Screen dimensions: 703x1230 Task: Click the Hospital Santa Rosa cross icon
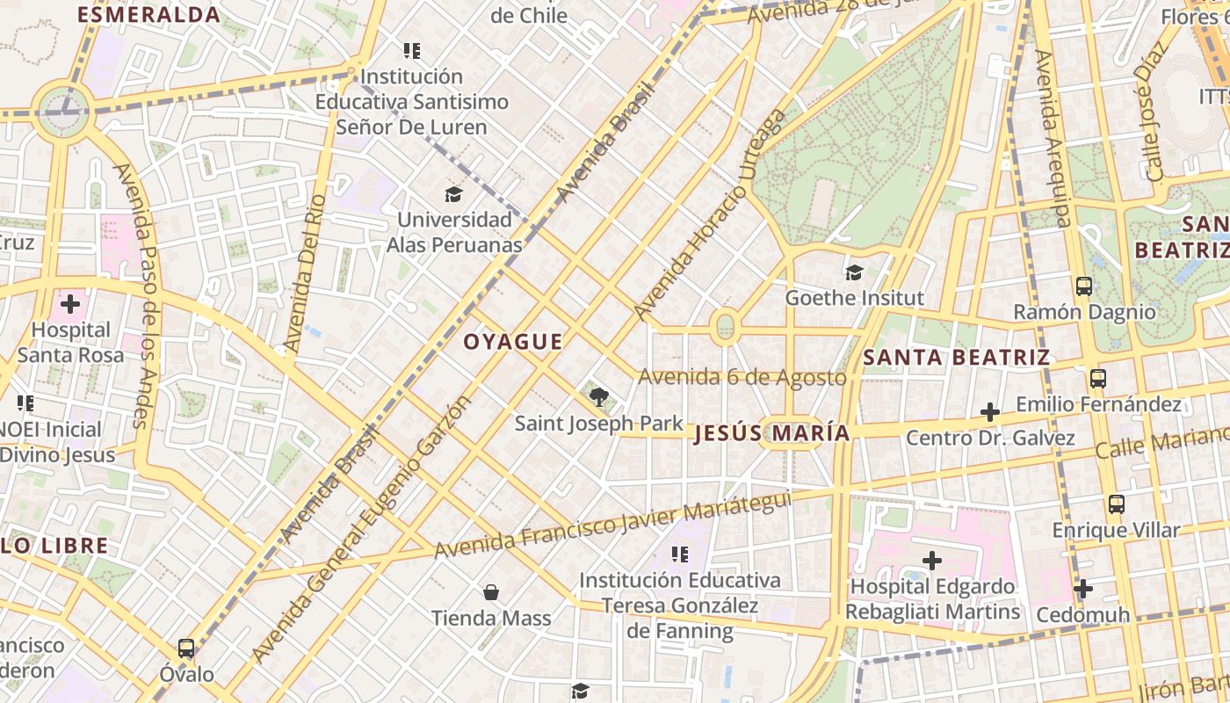(70, 305)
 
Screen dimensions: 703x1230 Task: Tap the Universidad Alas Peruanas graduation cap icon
(453, 194)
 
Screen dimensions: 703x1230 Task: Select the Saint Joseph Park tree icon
(599, 397)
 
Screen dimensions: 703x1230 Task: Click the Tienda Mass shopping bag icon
(491, 592)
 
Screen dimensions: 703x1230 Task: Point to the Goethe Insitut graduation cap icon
(854, 272)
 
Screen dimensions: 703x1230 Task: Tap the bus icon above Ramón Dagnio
(1084, 286)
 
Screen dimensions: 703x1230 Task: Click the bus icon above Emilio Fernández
(1097, 379)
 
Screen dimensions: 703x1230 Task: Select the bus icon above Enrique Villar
(1116, 504)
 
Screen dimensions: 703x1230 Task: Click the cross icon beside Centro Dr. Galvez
(990, 411)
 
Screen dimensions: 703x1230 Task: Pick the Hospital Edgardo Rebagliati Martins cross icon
(932, 560)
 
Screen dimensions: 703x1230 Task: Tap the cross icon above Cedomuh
(1083, 588)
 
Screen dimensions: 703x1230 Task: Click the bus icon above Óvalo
(186, 649)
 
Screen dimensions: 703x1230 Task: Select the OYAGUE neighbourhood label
(513, 343)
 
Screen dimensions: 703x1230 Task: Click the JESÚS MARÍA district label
(772, 433)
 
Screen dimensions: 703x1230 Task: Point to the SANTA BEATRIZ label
(956, 358)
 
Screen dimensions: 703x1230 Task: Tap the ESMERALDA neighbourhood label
(149, 15)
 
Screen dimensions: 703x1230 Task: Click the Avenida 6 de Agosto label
(742, 377)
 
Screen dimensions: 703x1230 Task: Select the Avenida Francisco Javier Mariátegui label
(612, 525)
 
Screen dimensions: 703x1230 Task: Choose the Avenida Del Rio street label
(301, 273)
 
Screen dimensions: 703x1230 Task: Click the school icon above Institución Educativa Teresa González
(679, 554)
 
